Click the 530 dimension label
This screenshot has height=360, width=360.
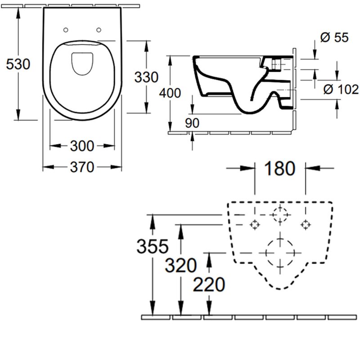point(18,64)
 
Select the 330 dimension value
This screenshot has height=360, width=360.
point(146,77)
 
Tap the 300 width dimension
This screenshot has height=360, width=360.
point(82,146)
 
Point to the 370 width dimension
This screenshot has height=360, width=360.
point(82,167)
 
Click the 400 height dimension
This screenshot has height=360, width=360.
point(170,93)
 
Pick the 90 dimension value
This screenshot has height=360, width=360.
point(192,123)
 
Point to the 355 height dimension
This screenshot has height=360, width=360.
point(153,246)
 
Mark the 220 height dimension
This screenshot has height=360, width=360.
point(208,284)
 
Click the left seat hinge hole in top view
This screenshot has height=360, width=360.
point(66,30)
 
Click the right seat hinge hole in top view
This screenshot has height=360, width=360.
point(99,30)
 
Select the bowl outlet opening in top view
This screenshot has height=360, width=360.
point(82,63)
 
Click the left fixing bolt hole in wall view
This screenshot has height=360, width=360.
point(255,224)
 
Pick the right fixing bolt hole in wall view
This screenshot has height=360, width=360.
point(306,224)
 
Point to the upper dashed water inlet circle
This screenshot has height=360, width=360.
point(280,215)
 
